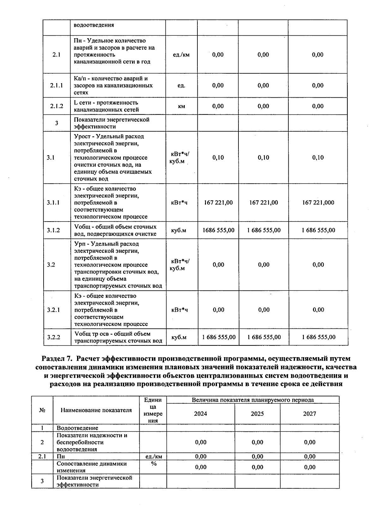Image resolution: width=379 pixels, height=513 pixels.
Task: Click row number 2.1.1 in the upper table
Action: click(57, 85)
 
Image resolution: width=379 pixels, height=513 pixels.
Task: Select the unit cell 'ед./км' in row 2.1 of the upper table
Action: click(181, 55)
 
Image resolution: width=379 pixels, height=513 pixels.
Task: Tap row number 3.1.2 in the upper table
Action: click(53, 230)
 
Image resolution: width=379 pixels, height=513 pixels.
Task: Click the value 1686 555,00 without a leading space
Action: click(218, 230)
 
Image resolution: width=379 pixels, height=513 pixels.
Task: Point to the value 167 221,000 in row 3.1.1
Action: click(318, 202)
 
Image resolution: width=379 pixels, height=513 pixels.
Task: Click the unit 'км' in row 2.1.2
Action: click(181, 106)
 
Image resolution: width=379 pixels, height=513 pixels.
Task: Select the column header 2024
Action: click(201, 414)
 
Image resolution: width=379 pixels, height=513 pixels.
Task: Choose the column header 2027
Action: click(310, 414)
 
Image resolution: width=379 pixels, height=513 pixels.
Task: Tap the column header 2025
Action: click(257, 414)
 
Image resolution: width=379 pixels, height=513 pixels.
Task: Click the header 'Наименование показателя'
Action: click(96, 410)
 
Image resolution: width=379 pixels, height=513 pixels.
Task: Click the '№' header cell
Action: click(42, 410)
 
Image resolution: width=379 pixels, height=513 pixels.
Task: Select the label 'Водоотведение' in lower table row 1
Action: click(77, 428)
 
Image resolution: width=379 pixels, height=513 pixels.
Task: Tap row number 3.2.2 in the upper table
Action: click(54, 337)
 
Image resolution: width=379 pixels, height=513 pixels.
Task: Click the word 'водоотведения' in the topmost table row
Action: click(94, 25)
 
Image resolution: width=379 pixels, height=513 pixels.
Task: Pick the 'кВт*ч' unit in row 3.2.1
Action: click(179, 310)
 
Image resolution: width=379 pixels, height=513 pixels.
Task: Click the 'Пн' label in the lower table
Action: click(61, 456)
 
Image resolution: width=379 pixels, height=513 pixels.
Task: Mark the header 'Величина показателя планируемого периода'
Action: click(253, 400)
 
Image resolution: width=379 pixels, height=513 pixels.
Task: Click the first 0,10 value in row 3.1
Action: click(218, 157)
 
